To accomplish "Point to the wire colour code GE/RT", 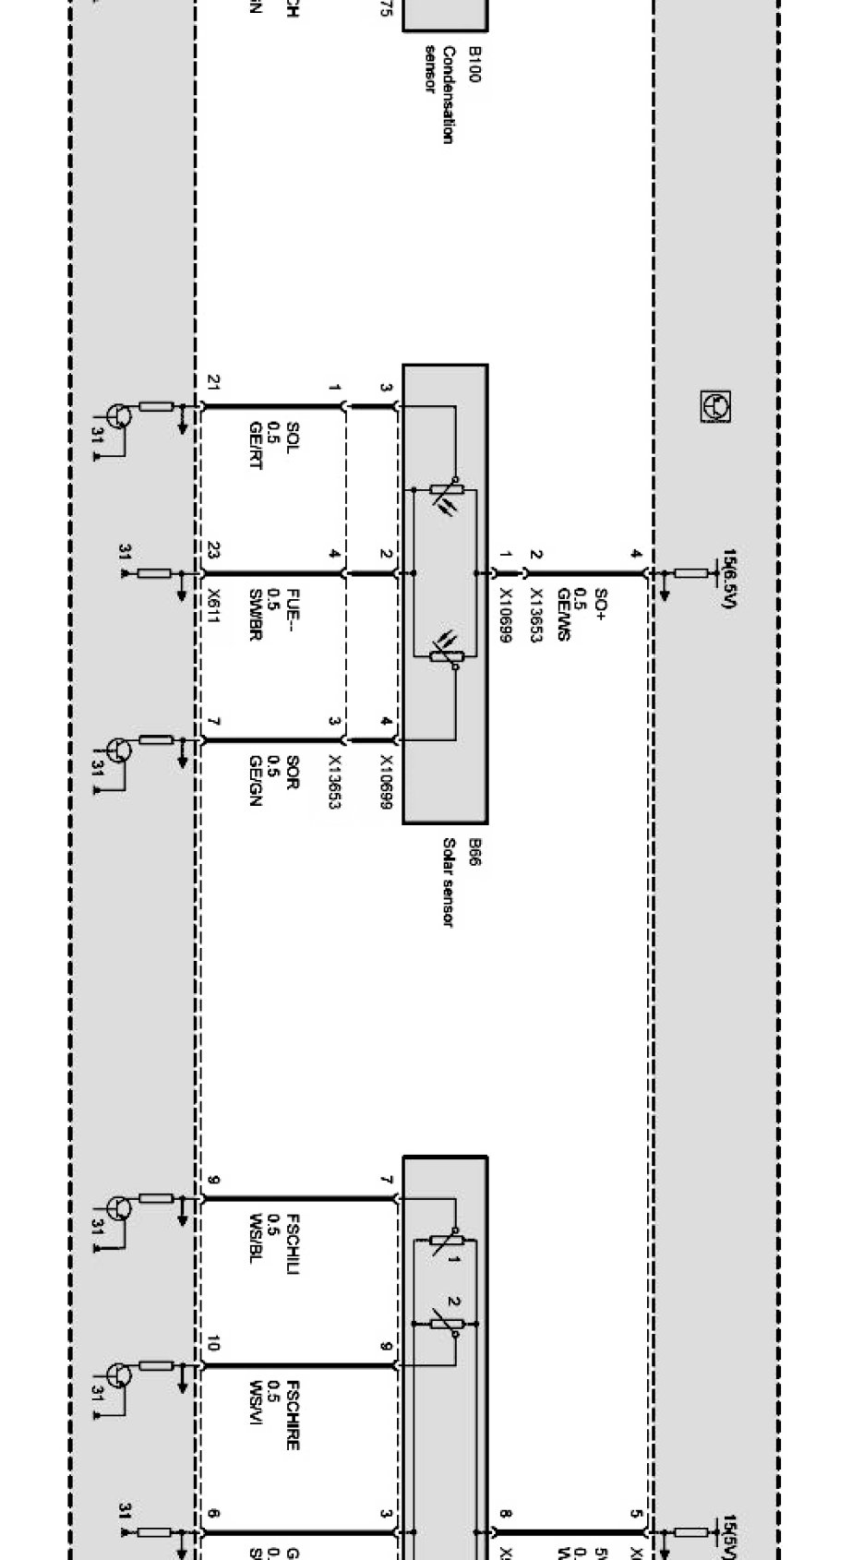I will [x=256, y=445].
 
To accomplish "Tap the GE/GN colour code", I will [x=256, y=780].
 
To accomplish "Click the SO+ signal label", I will [x=600, y=604].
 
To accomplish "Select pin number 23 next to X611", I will [x=213, y=551].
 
